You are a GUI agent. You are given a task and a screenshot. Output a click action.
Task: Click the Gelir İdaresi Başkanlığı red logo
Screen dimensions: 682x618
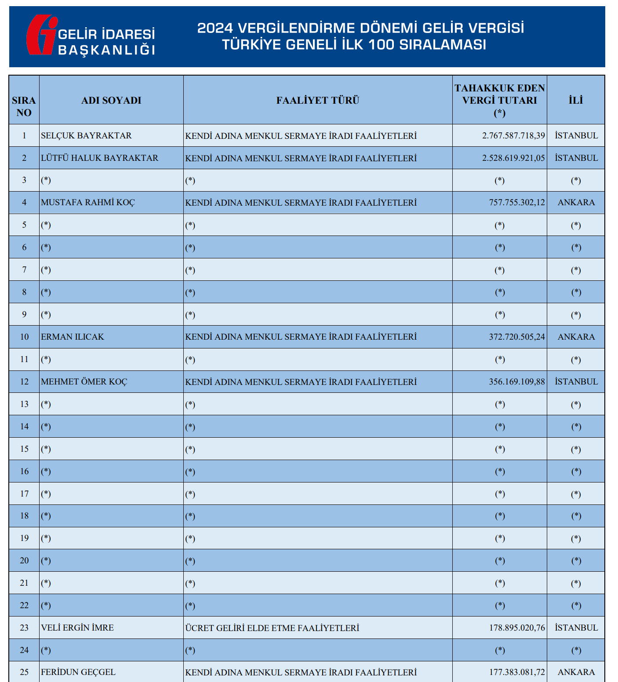[41, 35]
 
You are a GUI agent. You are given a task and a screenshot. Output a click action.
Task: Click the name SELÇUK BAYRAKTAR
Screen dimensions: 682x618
[86, 135]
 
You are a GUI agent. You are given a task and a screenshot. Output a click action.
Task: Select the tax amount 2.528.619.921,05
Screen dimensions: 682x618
[513, 158]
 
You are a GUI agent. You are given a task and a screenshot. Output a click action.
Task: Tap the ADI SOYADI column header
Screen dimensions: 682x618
[111, 100]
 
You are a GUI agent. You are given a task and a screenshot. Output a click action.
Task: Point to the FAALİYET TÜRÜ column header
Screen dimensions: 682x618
[318, 100]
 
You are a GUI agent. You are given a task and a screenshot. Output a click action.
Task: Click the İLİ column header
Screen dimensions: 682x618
[576, 100]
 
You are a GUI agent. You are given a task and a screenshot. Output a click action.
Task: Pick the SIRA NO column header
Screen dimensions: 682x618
[24, 106]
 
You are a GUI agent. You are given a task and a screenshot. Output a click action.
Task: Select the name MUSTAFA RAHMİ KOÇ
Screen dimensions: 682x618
[88, 202]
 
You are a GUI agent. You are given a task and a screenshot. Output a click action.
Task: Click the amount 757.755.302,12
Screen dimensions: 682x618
[516, 202]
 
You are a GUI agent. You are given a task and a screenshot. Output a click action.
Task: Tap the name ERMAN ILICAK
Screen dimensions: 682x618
[73, 337]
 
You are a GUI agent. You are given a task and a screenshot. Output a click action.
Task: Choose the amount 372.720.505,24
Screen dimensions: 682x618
[516, 337]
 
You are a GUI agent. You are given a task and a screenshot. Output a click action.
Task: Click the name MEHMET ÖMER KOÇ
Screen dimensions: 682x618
[84, 381]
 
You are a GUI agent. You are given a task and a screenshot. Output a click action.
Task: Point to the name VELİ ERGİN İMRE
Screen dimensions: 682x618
[77, 628]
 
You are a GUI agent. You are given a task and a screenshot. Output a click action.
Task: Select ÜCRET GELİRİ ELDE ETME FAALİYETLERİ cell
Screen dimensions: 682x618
[272, 628]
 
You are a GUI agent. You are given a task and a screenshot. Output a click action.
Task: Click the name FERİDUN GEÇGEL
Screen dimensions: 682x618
[78, 672]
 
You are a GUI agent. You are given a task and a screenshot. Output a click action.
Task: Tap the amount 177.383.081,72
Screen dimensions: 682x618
[516, 672]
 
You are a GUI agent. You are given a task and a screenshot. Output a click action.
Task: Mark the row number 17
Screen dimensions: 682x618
[24, 493]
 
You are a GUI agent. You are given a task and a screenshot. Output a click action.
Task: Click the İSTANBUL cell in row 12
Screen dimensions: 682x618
[576, 381]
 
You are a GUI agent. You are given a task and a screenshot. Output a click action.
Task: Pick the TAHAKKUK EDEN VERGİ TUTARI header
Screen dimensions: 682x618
[499, 100]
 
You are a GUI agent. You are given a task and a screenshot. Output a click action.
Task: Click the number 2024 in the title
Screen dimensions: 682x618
[215, 28]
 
